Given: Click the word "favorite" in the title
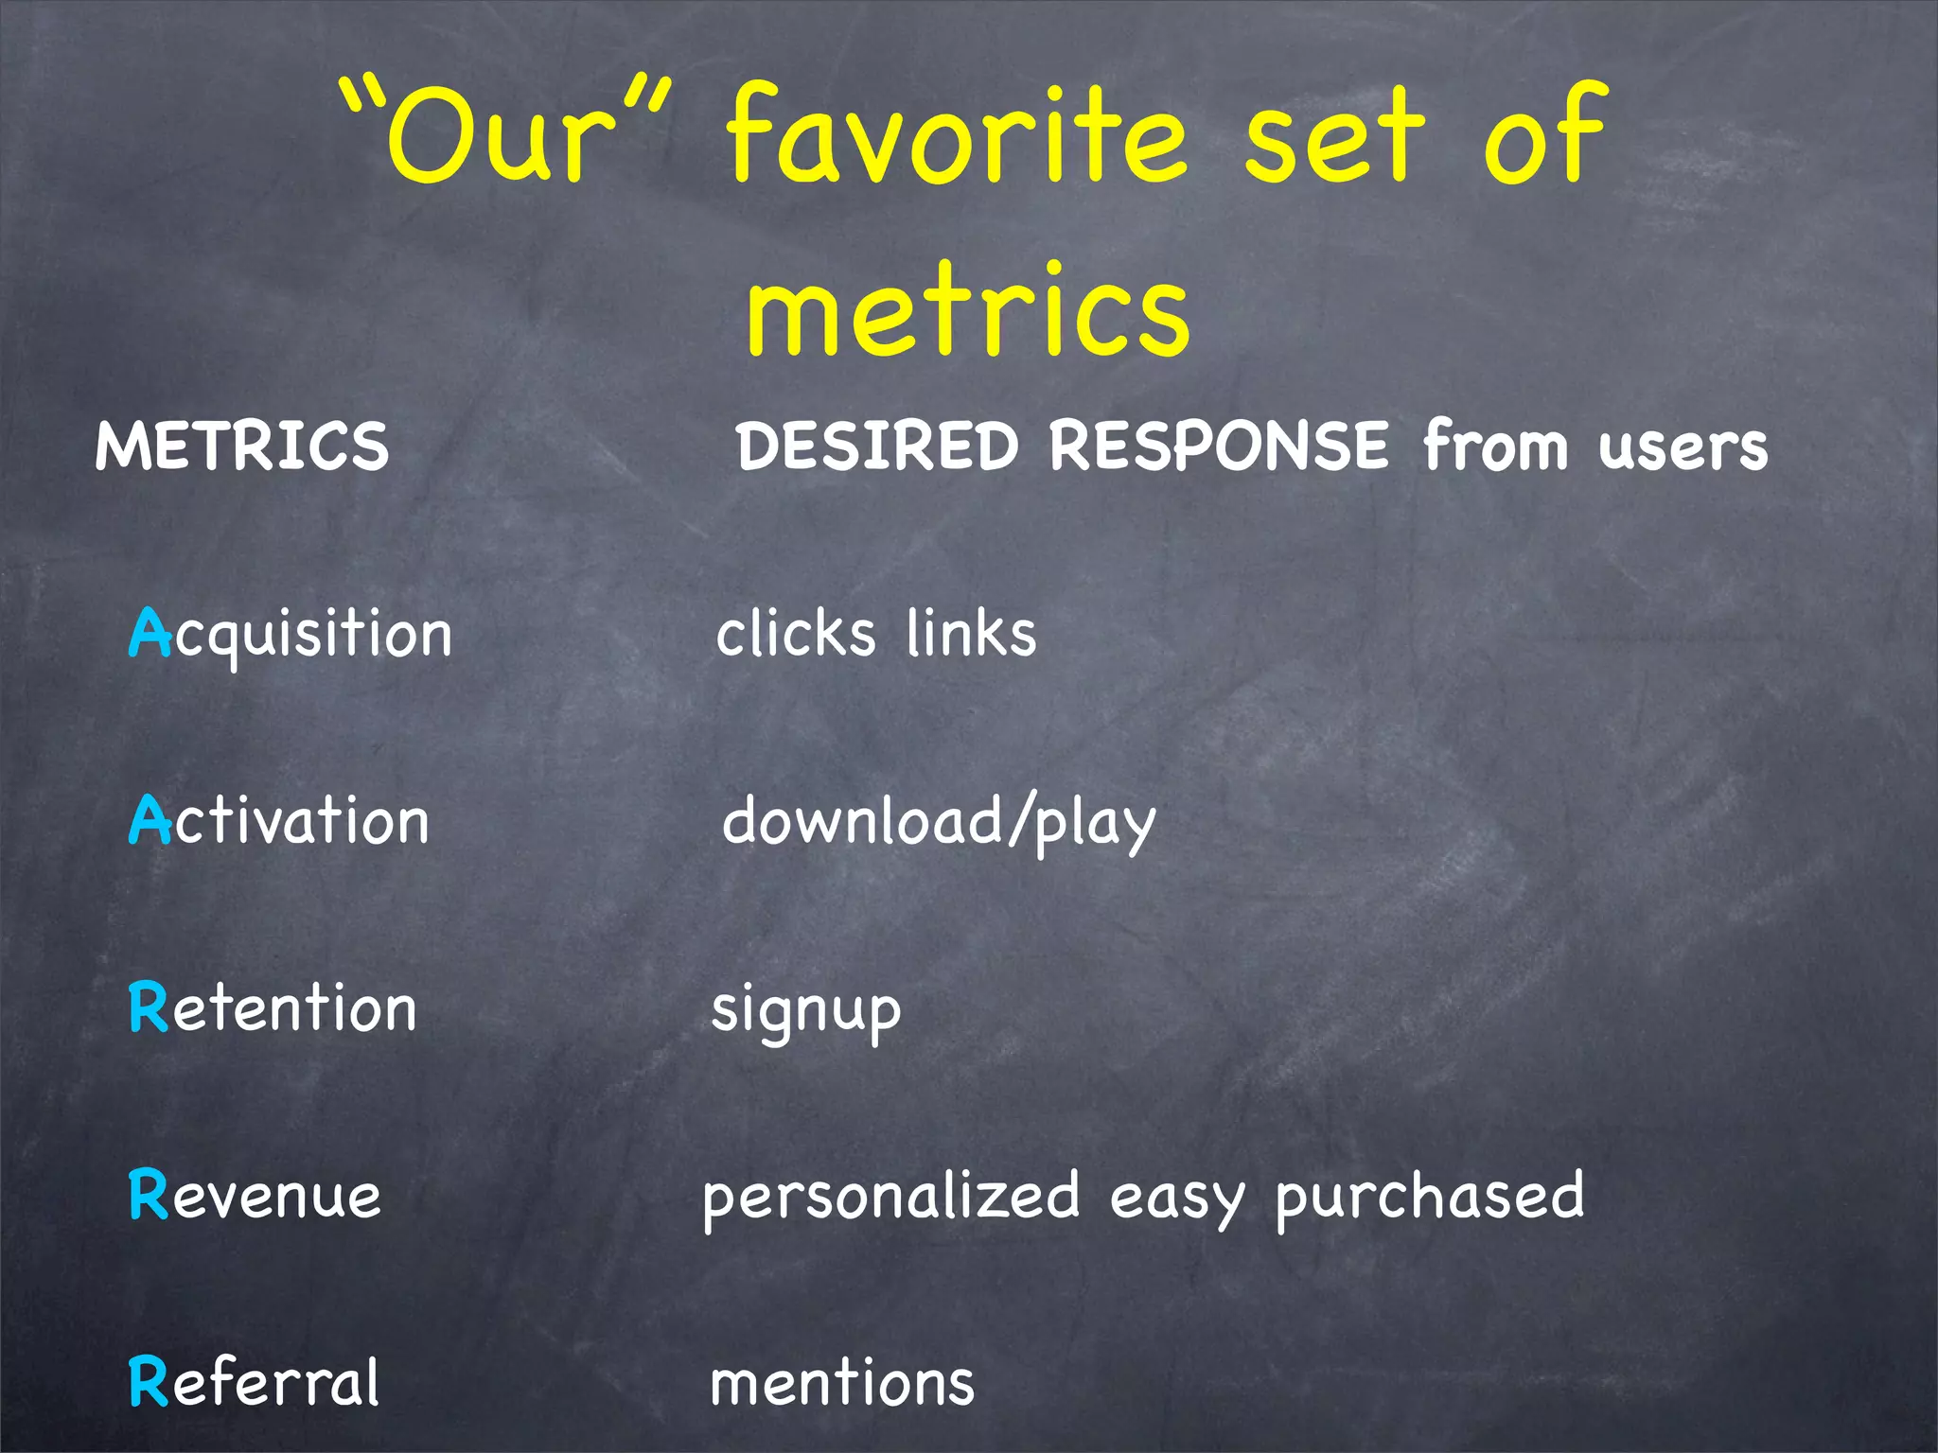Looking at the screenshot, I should click(x=956, y=137).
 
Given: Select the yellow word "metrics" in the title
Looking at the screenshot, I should click(x=967, y=312).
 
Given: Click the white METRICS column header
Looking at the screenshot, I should click(x=242, y=446).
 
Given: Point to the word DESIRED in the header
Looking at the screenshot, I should click(x=877, y=446).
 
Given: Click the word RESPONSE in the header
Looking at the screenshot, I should click(x=1219, y=446).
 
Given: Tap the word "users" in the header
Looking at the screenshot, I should click(x=1683, y=447).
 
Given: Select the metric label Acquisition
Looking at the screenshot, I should click(x=291, y=633).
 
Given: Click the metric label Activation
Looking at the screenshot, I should click(x=279, y=820).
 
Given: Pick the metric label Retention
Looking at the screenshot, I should click(x=273, y=1007).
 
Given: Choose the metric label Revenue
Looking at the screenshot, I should click(x=255, y=1195).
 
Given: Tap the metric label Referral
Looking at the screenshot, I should click(x=254, y=1382).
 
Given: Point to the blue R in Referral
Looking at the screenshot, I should click(x=148, y=1382).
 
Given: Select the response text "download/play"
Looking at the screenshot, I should click(x=939, y=821).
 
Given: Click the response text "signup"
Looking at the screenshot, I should click(x=806, y=1010).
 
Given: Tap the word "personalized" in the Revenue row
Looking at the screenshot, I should click(x=890, y=1197).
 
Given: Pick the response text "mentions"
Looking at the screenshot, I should click(x=842, y=1384).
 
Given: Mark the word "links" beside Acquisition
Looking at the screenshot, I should click(x=971, y=633).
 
